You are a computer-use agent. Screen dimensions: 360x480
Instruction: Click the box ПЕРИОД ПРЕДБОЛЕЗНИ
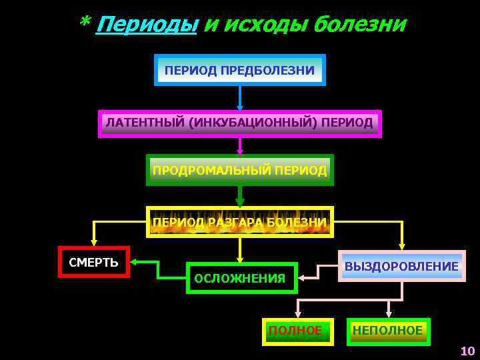[x=240, y=70]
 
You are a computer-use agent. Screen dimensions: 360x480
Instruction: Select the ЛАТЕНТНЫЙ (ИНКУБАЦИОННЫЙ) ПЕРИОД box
[x=240, y=124]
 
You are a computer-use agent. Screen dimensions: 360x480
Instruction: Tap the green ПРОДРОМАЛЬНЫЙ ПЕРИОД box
[x=240, y=170]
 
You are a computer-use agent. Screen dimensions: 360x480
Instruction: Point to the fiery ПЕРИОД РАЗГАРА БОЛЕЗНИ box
[x=240, y=222]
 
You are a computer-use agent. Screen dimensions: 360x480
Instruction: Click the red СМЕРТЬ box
[x=94, y=262]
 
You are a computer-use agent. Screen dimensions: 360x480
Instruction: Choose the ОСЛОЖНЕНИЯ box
[x=240, y=278]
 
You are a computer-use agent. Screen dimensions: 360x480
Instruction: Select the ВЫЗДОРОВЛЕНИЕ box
[x=401, y=266]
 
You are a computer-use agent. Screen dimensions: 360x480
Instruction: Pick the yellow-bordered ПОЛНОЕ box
[x=297, y=331]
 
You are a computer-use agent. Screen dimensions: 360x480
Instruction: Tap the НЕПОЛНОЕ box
[x=388, y=331]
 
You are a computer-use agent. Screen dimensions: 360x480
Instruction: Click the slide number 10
[x=467, y=351]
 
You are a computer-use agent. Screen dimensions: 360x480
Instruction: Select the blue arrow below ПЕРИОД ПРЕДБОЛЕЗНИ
[x=240, y=98]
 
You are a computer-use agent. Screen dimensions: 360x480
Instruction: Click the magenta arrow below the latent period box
[x=240, y=146]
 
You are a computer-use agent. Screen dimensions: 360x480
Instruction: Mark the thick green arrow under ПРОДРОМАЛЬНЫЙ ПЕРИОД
[x=240, y=197]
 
